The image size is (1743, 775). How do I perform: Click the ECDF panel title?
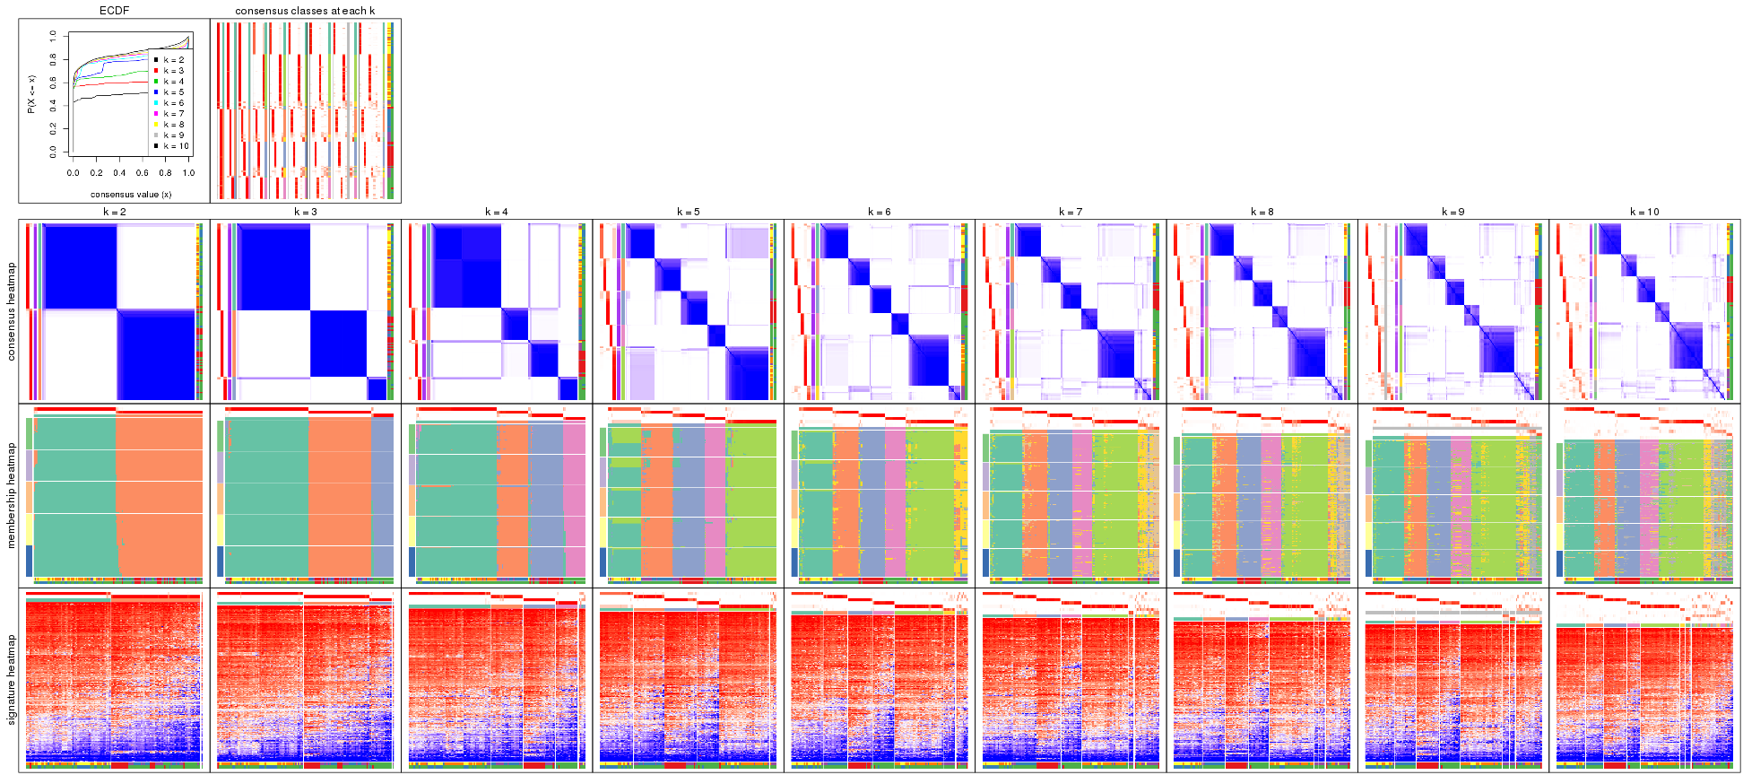114,11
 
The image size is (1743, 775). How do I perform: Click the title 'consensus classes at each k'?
305,11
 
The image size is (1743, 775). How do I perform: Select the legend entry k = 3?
174,71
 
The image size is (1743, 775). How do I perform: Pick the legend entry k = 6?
174,103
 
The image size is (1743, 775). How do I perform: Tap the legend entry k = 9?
174,135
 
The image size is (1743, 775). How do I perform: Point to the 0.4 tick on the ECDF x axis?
119,173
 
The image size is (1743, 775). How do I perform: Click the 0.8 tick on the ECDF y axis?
53,59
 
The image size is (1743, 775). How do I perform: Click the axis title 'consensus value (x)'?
131,194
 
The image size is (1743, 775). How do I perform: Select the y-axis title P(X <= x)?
31,93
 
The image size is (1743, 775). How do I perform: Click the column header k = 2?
114,212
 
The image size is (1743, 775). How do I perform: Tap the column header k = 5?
688,212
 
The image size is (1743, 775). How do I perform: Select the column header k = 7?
1071,212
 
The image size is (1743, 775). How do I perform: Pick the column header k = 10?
1644,212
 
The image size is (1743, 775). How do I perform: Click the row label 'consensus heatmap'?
12,311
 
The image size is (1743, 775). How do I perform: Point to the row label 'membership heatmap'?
12,493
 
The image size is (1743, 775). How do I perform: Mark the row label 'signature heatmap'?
12,680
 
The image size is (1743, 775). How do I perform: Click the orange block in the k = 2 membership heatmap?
160,493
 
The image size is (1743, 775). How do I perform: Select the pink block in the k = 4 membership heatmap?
574,498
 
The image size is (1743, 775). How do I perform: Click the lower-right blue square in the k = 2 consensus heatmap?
156,354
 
